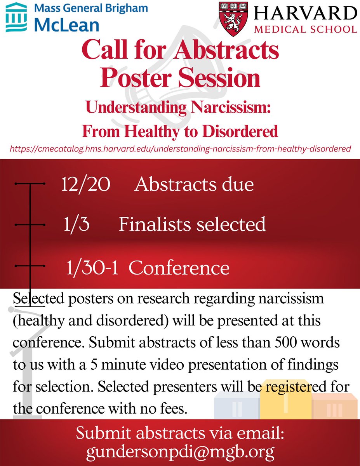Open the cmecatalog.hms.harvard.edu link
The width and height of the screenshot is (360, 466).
coord(180,148)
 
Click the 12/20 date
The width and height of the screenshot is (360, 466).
coord(85,184)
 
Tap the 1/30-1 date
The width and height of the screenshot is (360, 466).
coord(92,268)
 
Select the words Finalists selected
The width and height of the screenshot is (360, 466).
coord(192,224)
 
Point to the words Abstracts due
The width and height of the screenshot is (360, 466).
coord(194,184)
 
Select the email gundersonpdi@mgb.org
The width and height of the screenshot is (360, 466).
coord(180,452)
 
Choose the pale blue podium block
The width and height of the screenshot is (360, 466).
coord(237,408)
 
